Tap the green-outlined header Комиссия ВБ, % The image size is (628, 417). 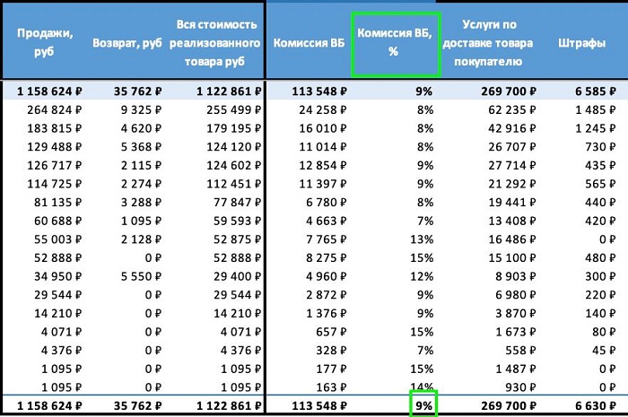pyautogui.click(x=395, y=42)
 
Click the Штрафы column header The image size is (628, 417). pyautogui.click(x=580, y=42)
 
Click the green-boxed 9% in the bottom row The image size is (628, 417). pyautogui.click(x=422, y=404)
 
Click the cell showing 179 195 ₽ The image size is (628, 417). pyautogui.click(x=228, y=128)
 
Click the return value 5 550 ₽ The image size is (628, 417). pyautogui.click(x=142, y=277)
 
